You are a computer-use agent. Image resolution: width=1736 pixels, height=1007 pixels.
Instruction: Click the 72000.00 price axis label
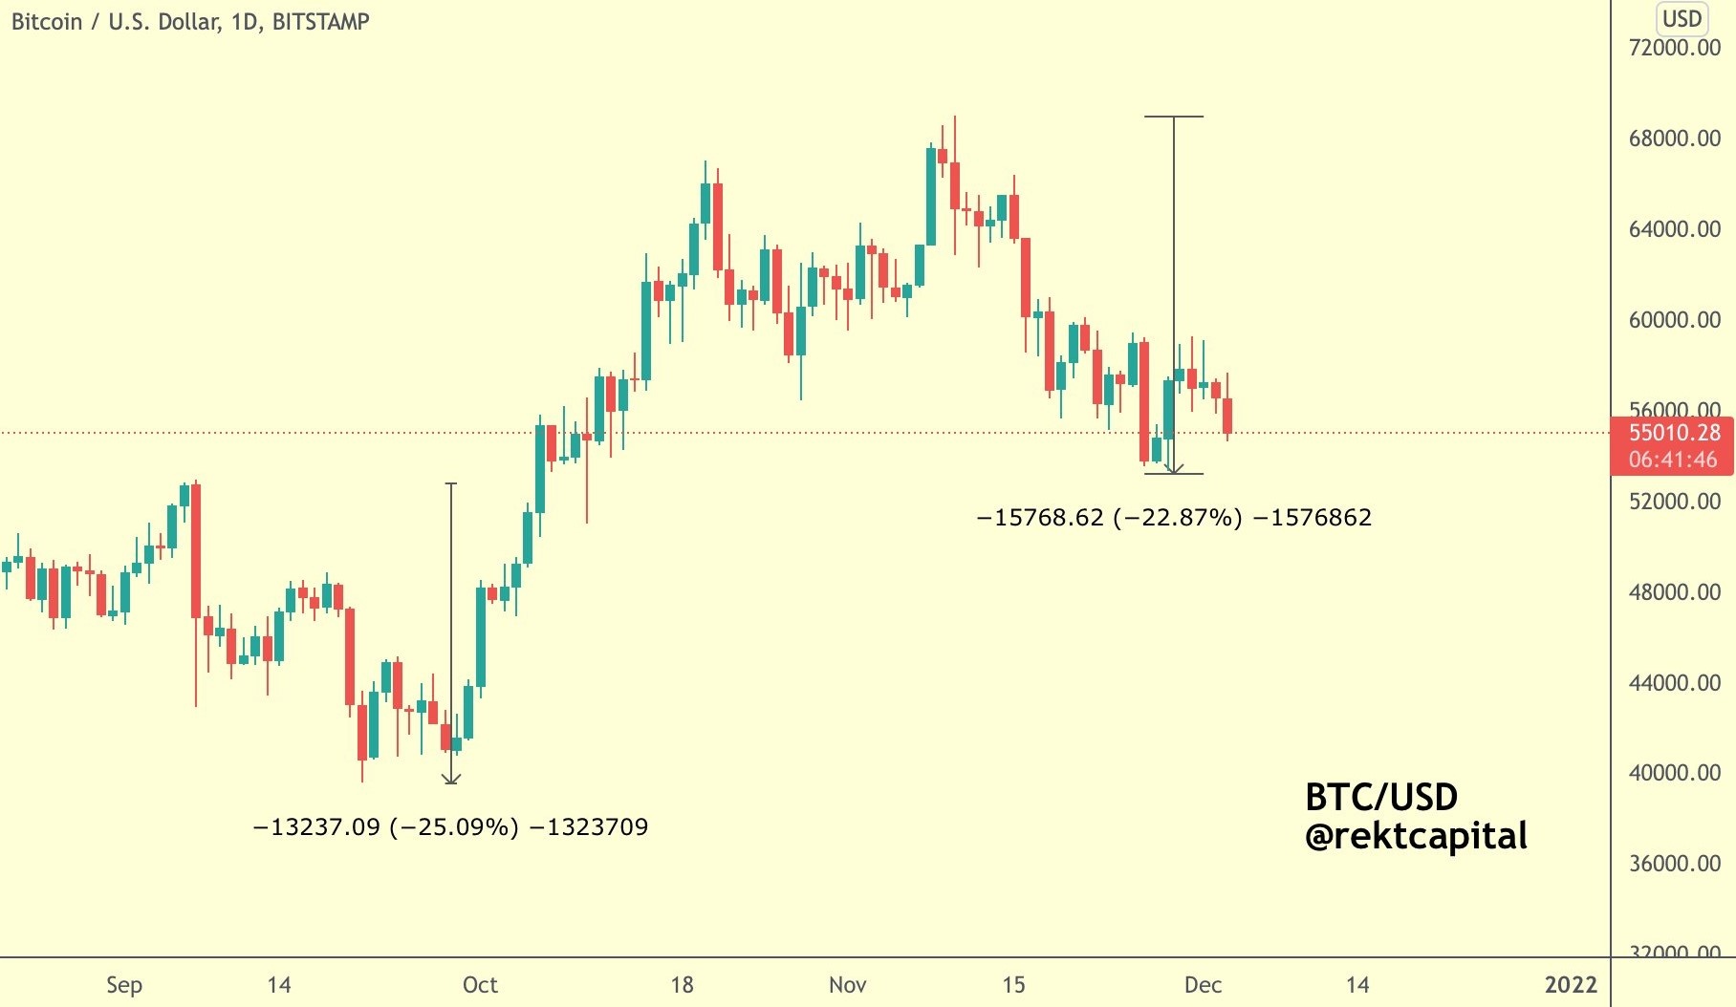(x=1674, y=48)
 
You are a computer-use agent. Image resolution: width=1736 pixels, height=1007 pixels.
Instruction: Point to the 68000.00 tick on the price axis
(x=1674, y=139)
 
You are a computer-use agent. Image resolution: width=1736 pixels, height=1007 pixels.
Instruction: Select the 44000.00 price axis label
(x=1674, y=683)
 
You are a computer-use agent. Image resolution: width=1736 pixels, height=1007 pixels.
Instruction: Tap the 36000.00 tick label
(x=1674, y=864)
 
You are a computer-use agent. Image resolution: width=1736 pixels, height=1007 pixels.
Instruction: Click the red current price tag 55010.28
(x=1674, y=433)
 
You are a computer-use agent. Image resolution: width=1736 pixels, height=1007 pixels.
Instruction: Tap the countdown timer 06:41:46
(x=1674, y=460)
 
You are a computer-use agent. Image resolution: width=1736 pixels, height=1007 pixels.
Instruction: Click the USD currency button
(x=1682, y=19)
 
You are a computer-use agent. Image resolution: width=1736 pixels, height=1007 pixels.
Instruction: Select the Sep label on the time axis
(x=124, y=985)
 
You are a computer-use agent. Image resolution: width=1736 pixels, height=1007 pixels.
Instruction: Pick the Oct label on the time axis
(x=480, y=985)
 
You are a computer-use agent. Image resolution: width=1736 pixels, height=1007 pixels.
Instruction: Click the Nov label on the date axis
(x=847, y=985)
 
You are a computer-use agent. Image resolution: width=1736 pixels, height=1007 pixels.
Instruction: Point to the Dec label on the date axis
(x=1203, y=985)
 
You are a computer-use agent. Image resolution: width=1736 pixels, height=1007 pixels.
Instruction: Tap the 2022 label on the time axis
(x=1571, y=985)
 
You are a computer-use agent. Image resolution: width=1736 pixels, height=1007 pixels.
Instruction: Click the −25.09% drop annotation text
(x=450, y=827)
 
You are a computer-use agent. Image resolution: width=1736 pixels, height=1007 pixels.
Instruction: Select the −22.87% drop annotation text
(x=1174, y=518)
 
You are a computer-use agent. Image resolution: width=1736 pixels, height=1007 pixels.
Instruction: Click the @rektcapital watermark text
(x=1416, y=837)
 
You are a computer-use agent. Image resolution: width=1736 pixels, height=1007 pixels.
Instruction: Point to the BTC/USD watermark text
(x=1381, y=797)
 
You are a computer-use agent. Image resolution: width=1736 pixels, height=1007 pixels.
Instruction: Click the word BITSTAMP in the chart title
(x=320, y=22)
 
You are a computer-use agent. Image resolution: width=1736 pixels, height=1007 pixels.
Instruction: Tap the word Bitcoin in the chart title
(x=47, y=22)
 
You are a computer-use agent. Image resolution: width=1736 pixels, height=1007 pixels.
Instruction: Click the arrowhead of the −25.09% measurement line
(x=451, y=779)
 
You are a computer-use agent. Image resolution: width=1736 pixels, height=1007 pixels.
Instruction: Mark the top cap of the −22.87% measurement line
(x=1174, y=117)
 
